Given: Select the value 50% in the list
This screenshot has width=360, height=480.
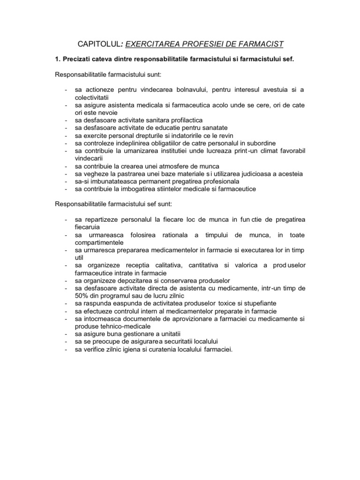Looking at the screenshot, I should (x=82, y=296).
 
